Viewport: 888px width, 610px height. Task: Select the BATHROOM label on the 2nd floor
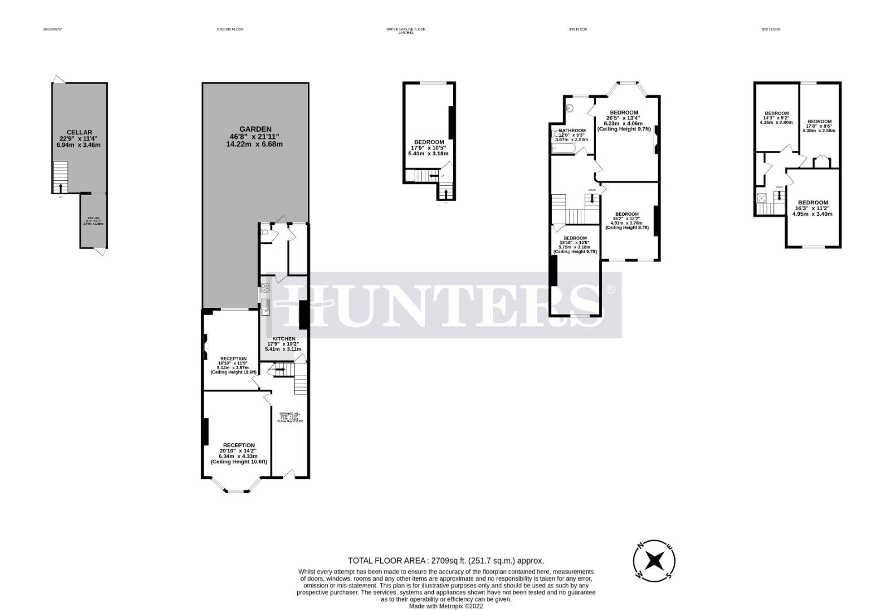pos(572,130)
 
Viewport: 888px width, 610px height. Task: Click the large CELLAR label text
pos(79,133)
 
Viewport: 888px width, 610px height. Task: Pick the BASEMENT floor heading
pos(53,29)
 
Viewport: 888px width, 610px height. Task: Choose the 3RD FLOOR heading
pos(771,29)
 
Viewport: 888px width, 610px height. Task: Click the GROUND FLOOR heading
pos(230,29)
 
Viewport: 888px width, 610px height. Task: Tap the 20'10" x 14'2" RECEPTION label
pos(238,446)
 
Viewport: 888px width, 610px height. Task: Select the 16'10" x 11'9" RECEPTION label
pos(233,359)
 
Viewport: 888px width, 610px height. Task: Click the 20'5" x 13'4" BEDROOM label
pos(624,112)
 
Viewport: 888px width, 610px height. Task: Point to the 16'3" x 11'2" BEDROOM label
pos(812,203)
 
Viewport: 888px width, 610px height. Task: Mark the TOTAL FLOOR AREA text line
pos(446,561)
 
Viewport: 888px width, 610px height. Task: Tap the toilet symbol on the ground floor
pos(265,232)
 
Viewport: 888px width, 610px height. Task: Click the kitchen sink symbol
pos(265,307)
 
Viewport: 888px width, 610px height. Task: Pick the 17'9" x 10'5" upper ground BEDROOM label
pos(429,142)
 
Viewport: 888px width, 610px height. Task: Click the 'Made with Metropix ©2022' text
pos(446,606)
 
